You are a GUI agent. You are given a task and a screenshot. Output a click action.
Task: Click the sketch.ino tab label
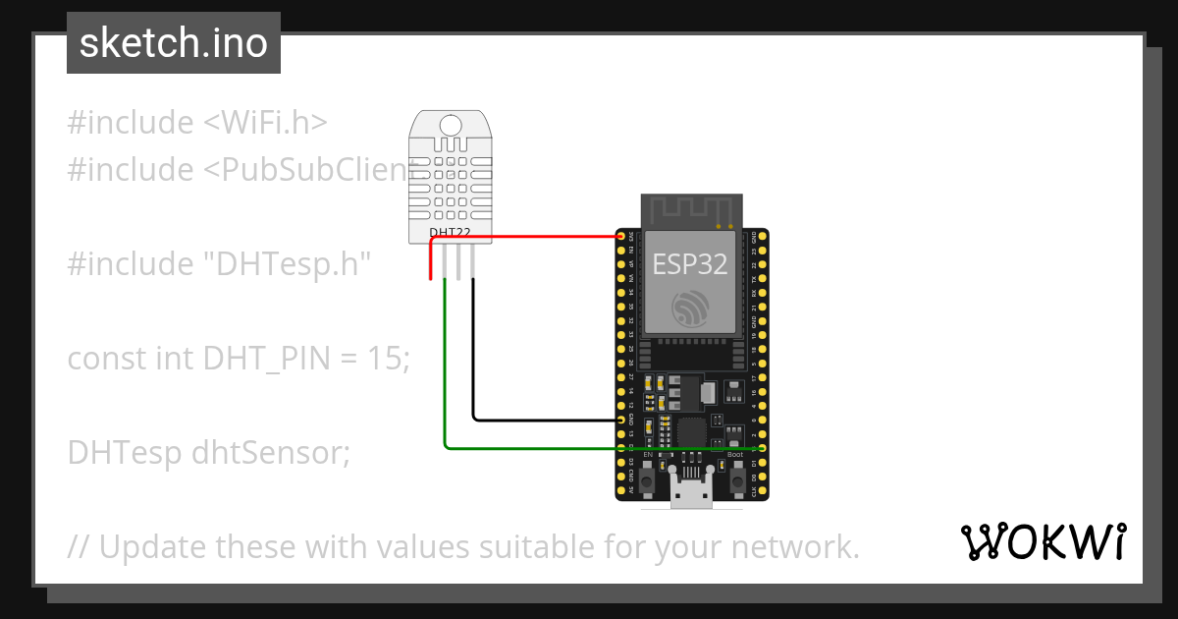(x=174, y=43)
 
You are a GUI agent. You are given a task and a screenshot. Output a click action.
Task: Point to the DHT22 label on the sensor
(x=451, y=233)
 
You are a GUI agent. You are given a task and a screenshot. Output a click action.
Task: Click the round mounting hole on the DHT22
(x=451, y=125)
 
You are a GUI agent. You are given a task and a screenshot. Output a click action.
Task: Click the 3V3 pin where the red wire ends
(x=620, y=237)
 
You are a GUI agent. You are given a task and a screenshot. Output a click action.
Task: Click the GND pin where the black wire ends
(x=620, y=420)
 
